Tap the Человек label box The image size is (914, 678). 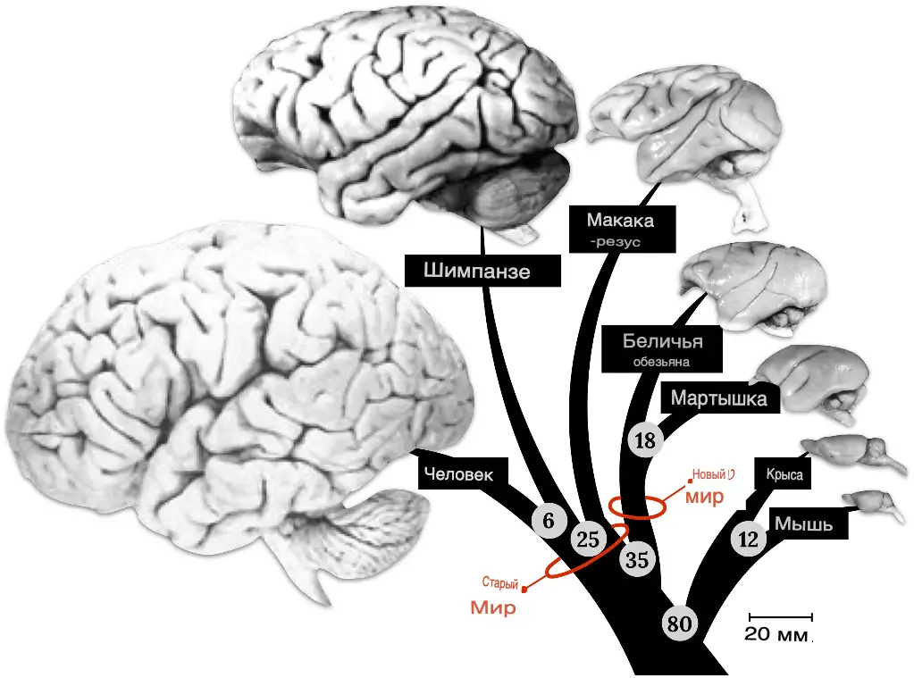(458, 474)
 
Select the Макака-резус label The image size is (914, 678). (619, 229)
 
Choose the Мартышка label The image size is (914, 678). (718, 398)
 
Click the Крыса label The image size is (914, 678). (784, 475)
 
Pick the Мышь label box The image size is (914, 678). (803, 524)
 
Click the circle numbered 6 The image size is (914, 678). (548, 520)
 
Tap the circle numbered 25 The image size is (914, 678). (588, 538)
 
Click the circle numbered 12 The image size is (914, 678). (749, 539)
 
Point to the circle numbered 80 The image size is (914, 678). (679, 624)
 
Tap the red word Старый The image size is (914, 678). (500, 583)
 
